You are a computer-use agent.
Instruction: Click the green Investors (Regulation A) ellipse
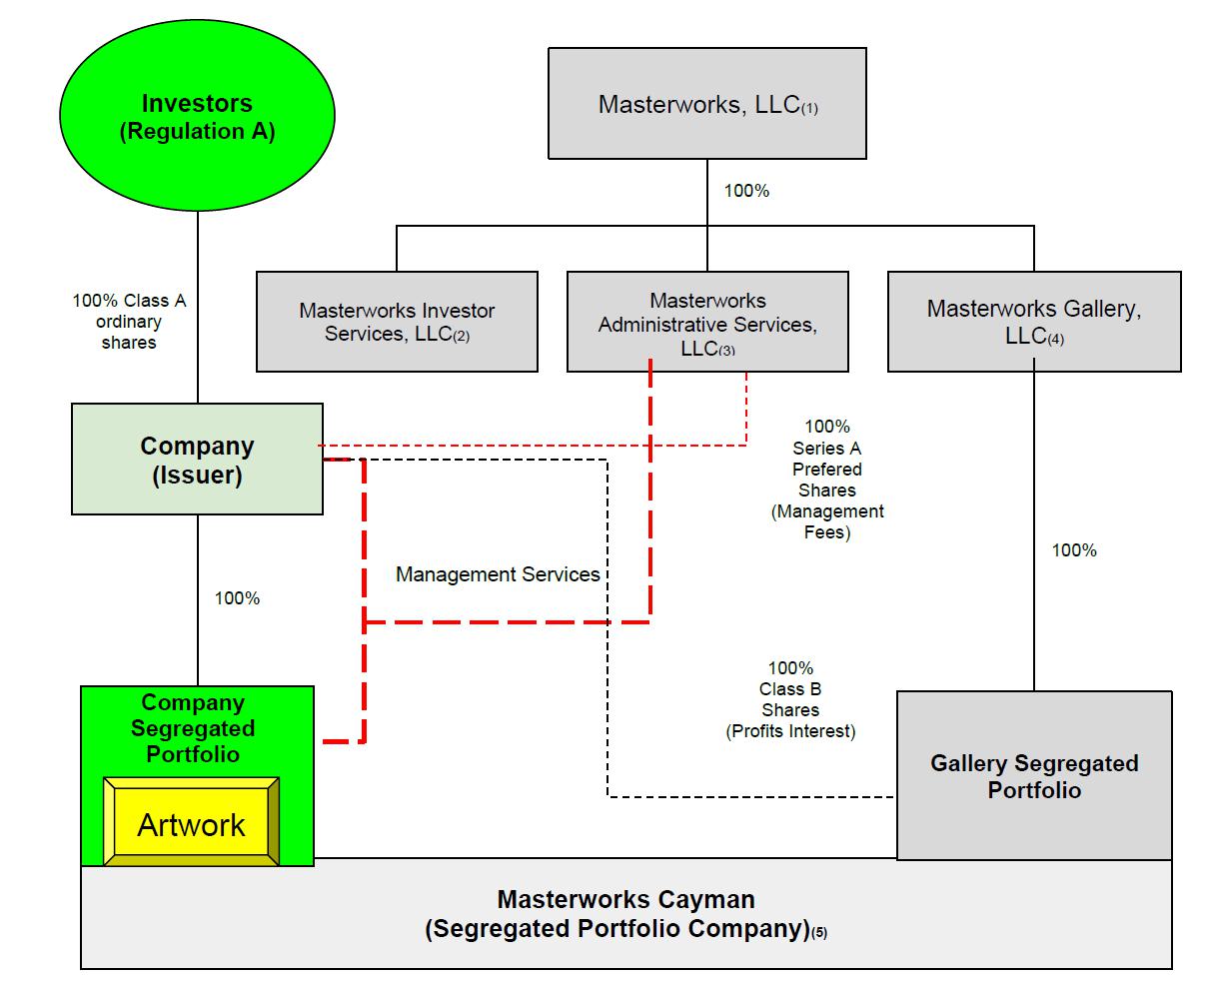point(197,118)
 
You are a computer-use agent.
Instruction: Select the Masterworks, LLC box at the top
point(706,104)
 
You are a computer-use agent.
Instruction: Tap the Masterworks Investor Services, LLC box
point(397,322)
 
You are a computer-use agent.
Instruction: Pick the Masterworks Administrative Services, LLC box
point(706,322)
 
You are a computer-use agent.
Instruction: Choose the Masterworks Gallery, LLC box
point(1033,322)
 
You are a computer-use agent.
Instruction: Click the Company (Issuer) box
point(197,460)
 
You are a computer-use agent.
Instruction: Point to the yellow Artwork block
point(191,824)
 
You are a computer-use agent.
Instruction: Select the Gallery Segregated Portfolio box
point(1034,776)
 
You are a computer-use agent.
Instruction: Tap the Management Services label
point(498,574)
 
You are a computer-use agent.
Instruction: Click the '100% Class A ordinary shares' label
point(129,321)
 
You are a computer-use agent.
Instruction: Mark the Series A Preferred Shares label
point(827,480)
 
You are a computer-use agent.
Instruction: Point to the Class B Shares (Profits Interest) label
point(790,699)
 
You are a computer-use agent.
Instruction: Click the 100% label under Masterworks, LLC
point(746,191)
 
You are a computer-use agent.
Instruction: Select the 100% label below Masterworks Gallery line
point(1074,550)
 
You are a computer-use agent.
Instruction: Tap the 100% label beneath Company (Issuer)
point(237,598)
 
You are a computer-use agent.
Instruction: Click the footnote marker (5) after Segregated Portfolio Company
point(819,933)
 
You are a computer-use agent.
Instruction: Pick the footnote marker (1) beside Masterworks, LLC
point(809,109)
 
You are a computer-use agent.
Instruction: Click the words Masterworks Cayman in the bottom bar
point(625,899)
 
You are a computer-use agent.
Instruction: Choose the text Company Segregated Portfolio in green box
point(193,728)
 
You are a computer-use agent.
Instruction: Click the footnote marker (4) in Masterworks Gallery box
point(1056,340)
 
